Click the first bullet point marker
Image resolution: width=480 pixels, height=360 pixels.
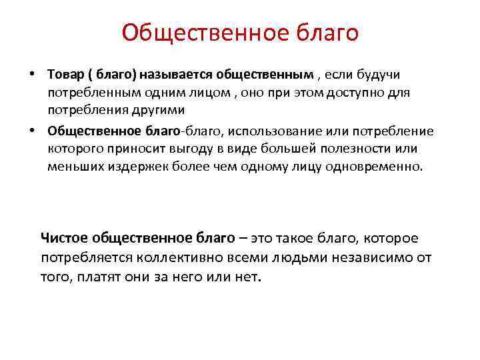pyautogui.click(x=31, y=73)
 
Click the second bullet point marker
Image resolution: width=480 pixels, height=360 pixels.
pyautogui.click(x=31, y=131)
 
